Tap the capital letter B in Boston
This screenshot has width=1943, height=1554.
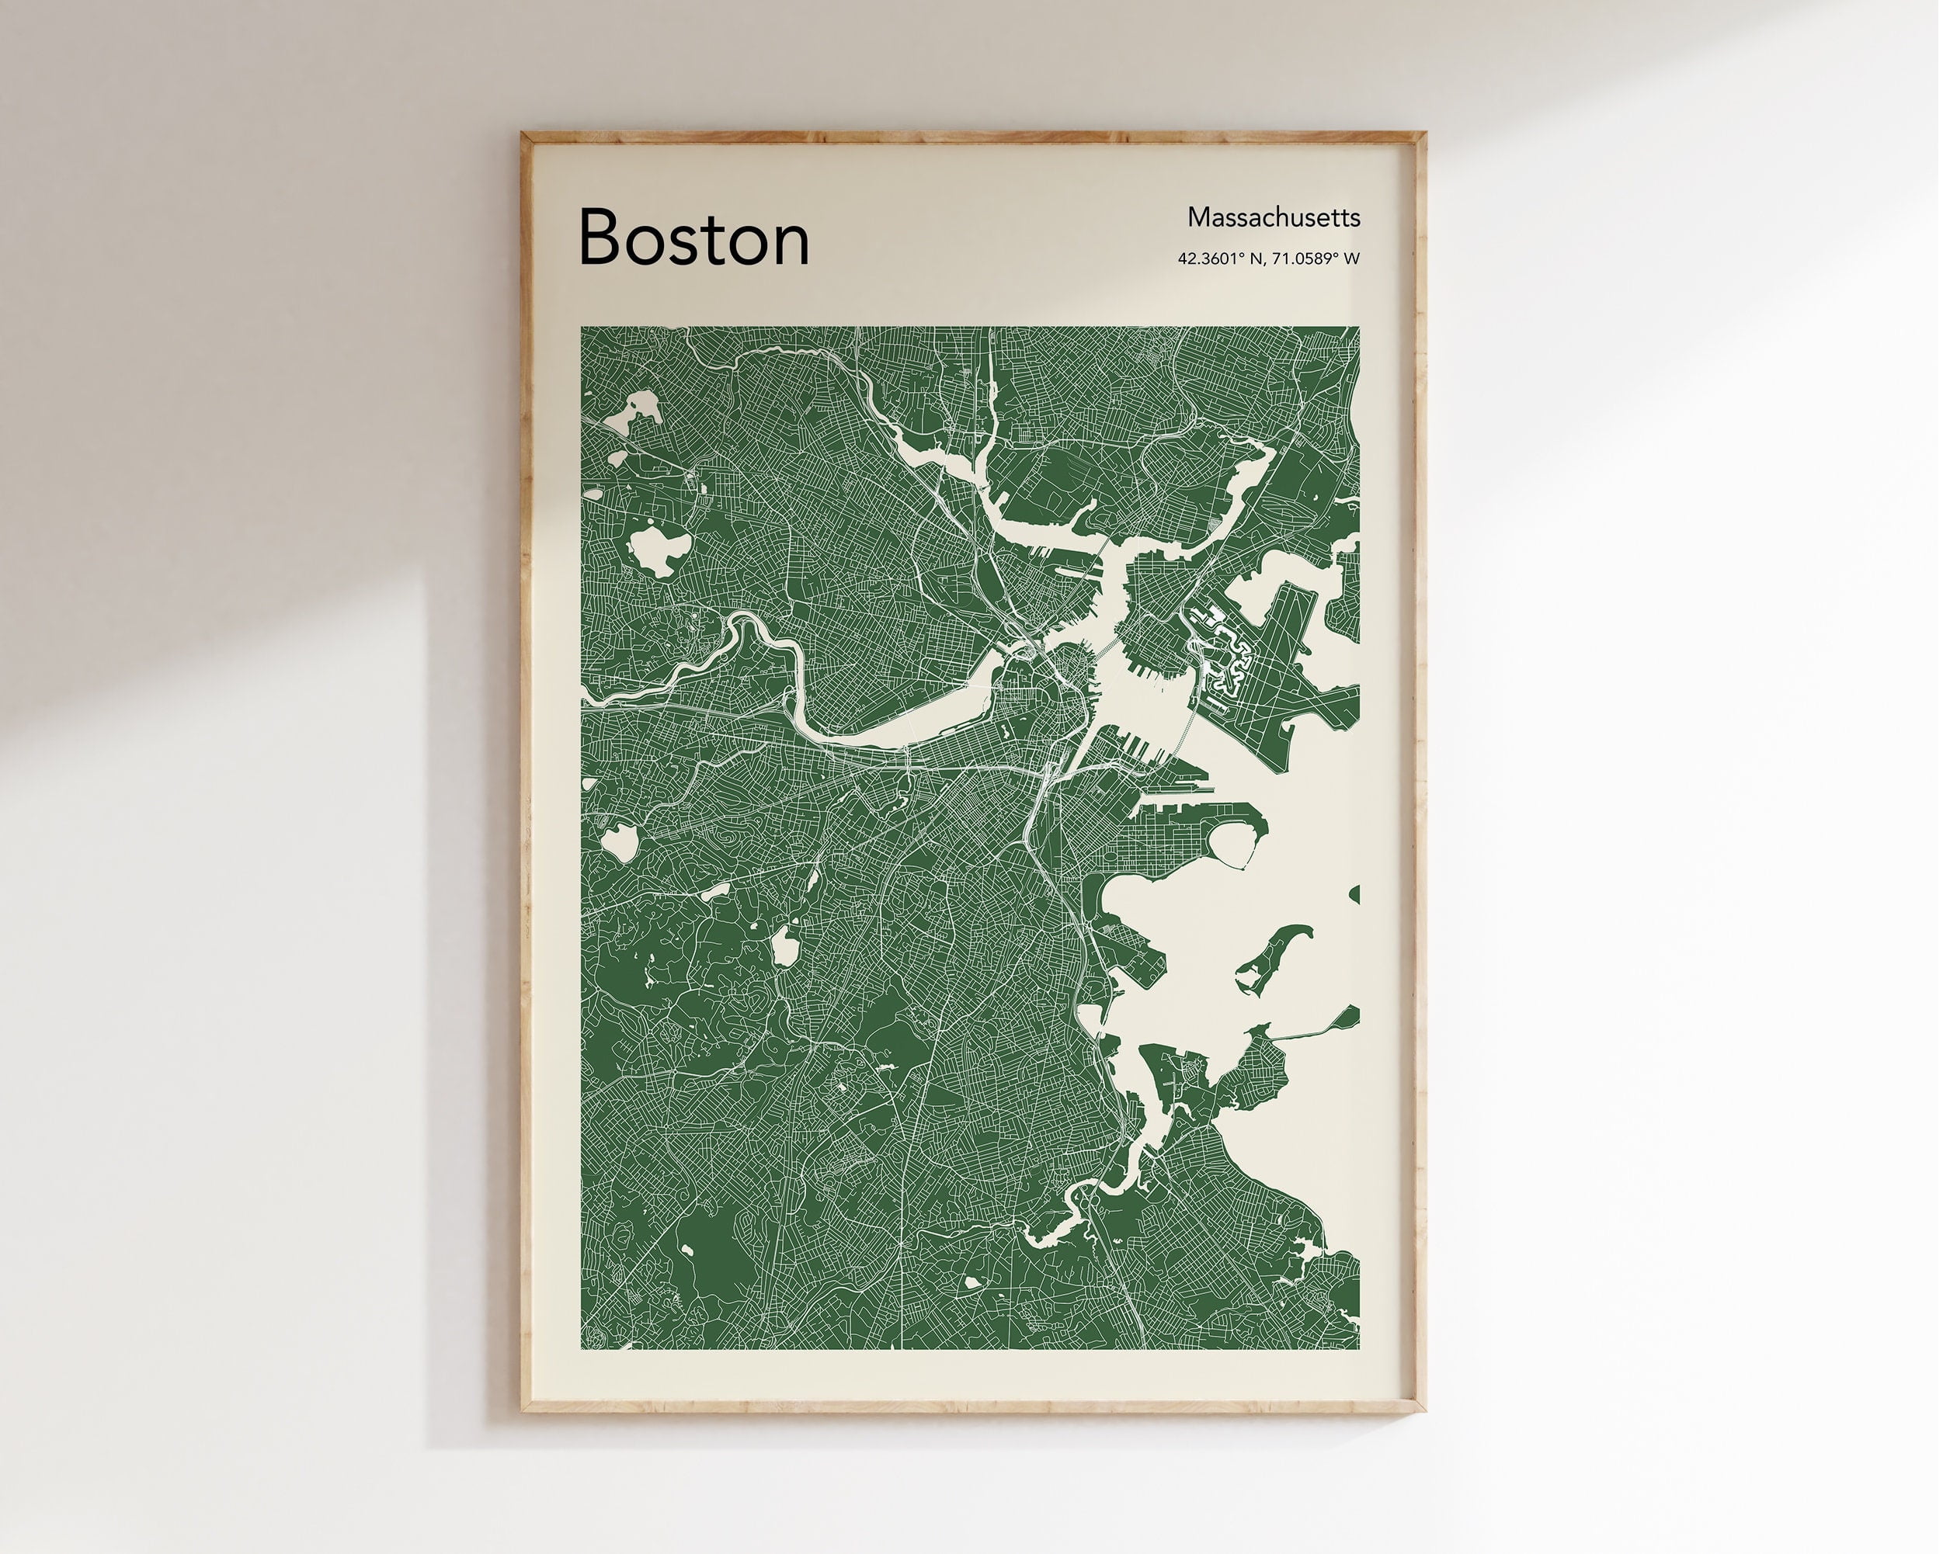(601, 237)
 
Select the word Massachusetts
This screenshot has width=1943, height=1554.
(1273, 217)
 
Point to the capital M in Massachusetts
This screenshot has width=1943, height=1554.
(1197, 217)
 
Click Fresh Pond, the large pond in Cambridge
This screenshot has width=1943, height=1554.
(659, 550)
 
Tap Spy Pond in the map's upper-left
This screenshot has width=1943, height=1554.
(634, 411)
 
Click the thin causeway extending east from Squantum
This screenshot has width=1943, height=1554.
(1312, 1032)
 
